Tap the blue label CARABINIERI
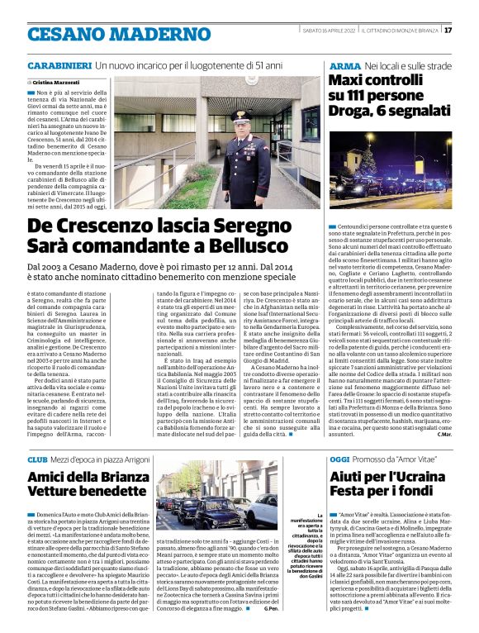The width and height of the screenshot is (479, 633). click(58, 64)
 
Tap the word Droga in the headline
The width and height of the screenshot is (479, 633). click(353, 114)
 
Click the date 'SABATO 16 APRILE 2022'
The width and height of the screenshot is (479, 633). click(332, 31)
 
